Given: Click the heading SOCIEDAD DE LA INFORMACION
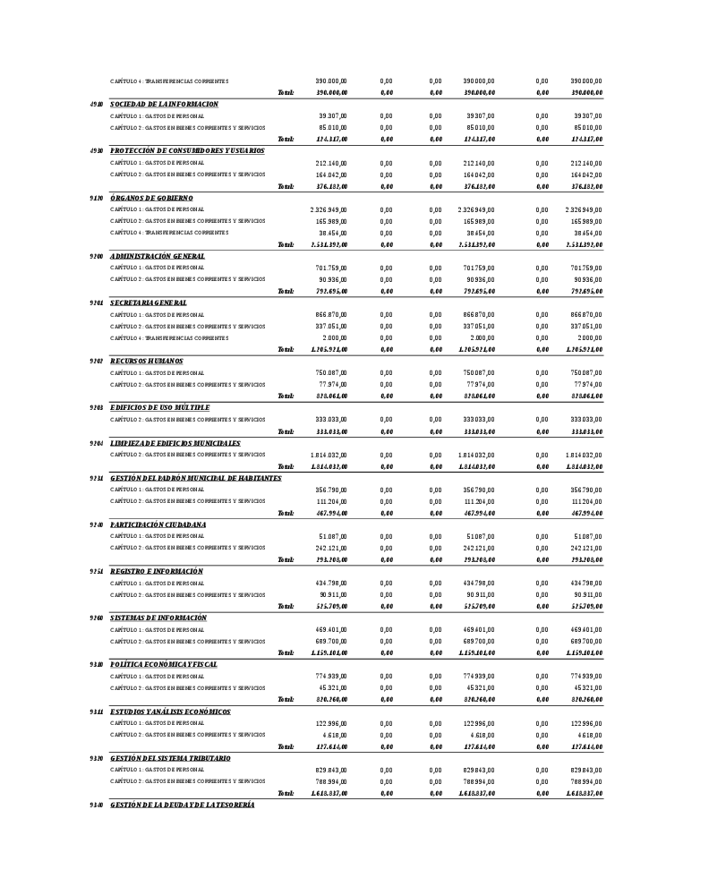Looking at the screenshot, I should point(164,105).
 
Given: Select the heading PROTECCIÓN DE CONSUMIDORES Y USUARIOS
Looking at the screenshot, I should point(187,151).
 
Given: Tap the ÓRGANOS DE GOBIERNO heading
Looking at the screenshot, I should point(151,198).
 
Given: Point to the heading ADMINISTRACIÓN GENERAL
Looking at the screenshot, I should point(158,256).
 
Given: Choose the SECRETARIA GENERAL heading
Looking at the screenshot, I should point(149,303).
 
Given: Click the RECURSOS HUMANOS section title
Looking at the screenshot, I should point(147,362).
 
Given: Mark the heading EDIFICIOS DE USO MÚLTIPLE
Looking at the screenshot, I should point(159,408).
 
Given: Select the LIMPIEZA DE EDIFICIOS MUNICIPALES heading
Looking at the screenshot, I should point(175,443).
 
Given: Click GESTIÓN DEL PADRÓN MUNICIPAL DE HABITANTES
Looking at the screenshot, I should point(195,478).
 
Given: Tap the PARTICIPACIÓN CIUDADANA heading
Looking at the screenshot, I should point(158,524).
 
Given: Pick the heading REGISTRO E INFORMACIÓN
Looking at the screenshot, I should point(157,571).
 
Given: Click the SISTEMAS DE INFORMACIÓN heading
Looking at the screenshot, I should point(158,618).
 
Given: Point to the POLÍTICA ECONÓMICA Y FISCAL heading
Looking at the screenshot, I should point(164,664).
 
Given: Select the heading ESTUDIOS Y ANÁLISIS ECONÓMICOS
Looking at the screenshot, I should point(170,712).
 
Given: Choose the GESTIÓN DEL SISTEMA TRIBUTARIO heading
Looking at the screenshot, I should point(170,758).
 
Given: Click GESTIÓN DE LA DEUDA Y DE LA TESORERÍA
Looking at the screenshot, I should point(183,805).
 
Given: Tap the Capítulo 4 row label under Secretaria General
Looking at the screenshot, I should point(169,338).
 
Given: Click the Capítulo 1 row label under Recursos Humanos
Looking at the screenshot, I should point(158,373).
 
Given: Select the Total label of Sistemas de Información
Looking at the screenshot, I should point(286,653).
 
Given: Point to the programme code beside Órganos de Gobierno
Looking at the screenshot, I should point(97,198).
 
